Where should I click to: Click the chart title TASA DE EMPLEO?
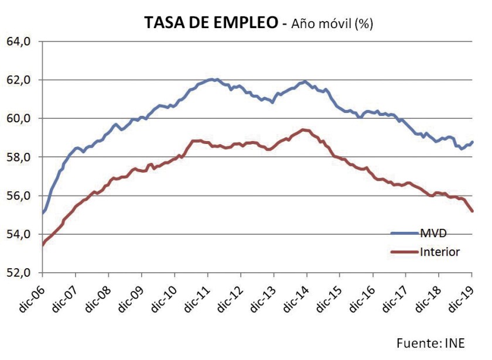point(211,23)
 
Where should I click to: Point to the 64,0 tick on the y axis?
point(19,42)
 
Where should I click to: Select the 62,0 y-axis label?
point(19,80)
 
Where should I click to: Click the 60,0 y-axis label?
point(19,119)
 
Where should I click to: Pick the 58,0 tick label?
point(19,157)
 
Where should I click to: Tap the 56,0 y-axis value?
point(19,196)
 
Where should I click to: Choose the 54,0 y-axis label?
point(19,235)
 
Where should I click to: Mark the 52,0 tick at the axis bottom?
point(19,273)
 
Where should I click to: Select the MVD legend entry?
point(433,234)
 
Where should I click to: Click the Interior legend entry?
point(439,252)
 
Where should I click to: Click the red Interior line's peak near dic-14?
point(303,129)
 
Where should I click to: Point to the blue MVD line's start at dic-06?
point(43,213)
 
